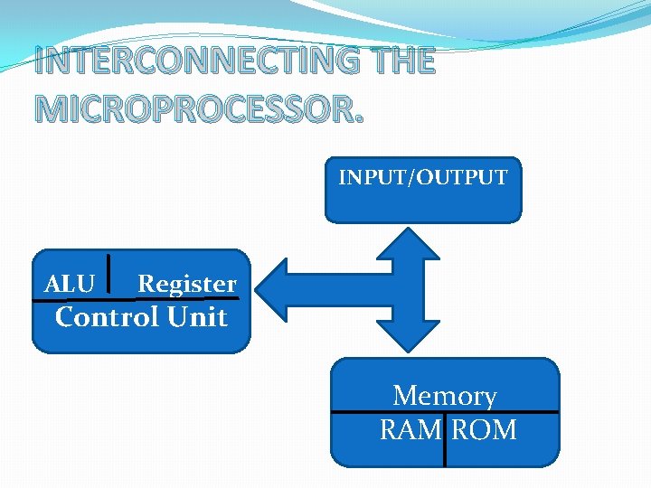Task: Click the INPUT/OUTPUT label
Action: pyautogui.click(x=423, y=177)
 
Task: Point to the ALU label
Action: pyautogui.click(x=70, y=284)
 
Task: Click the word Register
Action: pyautogui.click(x=186, y=284)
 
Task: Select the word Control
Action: pyautogui.click(x=106, y=317)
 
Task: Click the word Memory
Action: pyautogui.click(x=445, y=395)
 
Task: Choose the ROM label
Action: pyautogui.click(x=484, y=429)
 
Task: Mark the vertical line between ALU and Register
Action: pyautogui.click(x=109, y=277)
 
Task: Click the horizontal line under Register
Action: pyautogui.click(x=186, y=298)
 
